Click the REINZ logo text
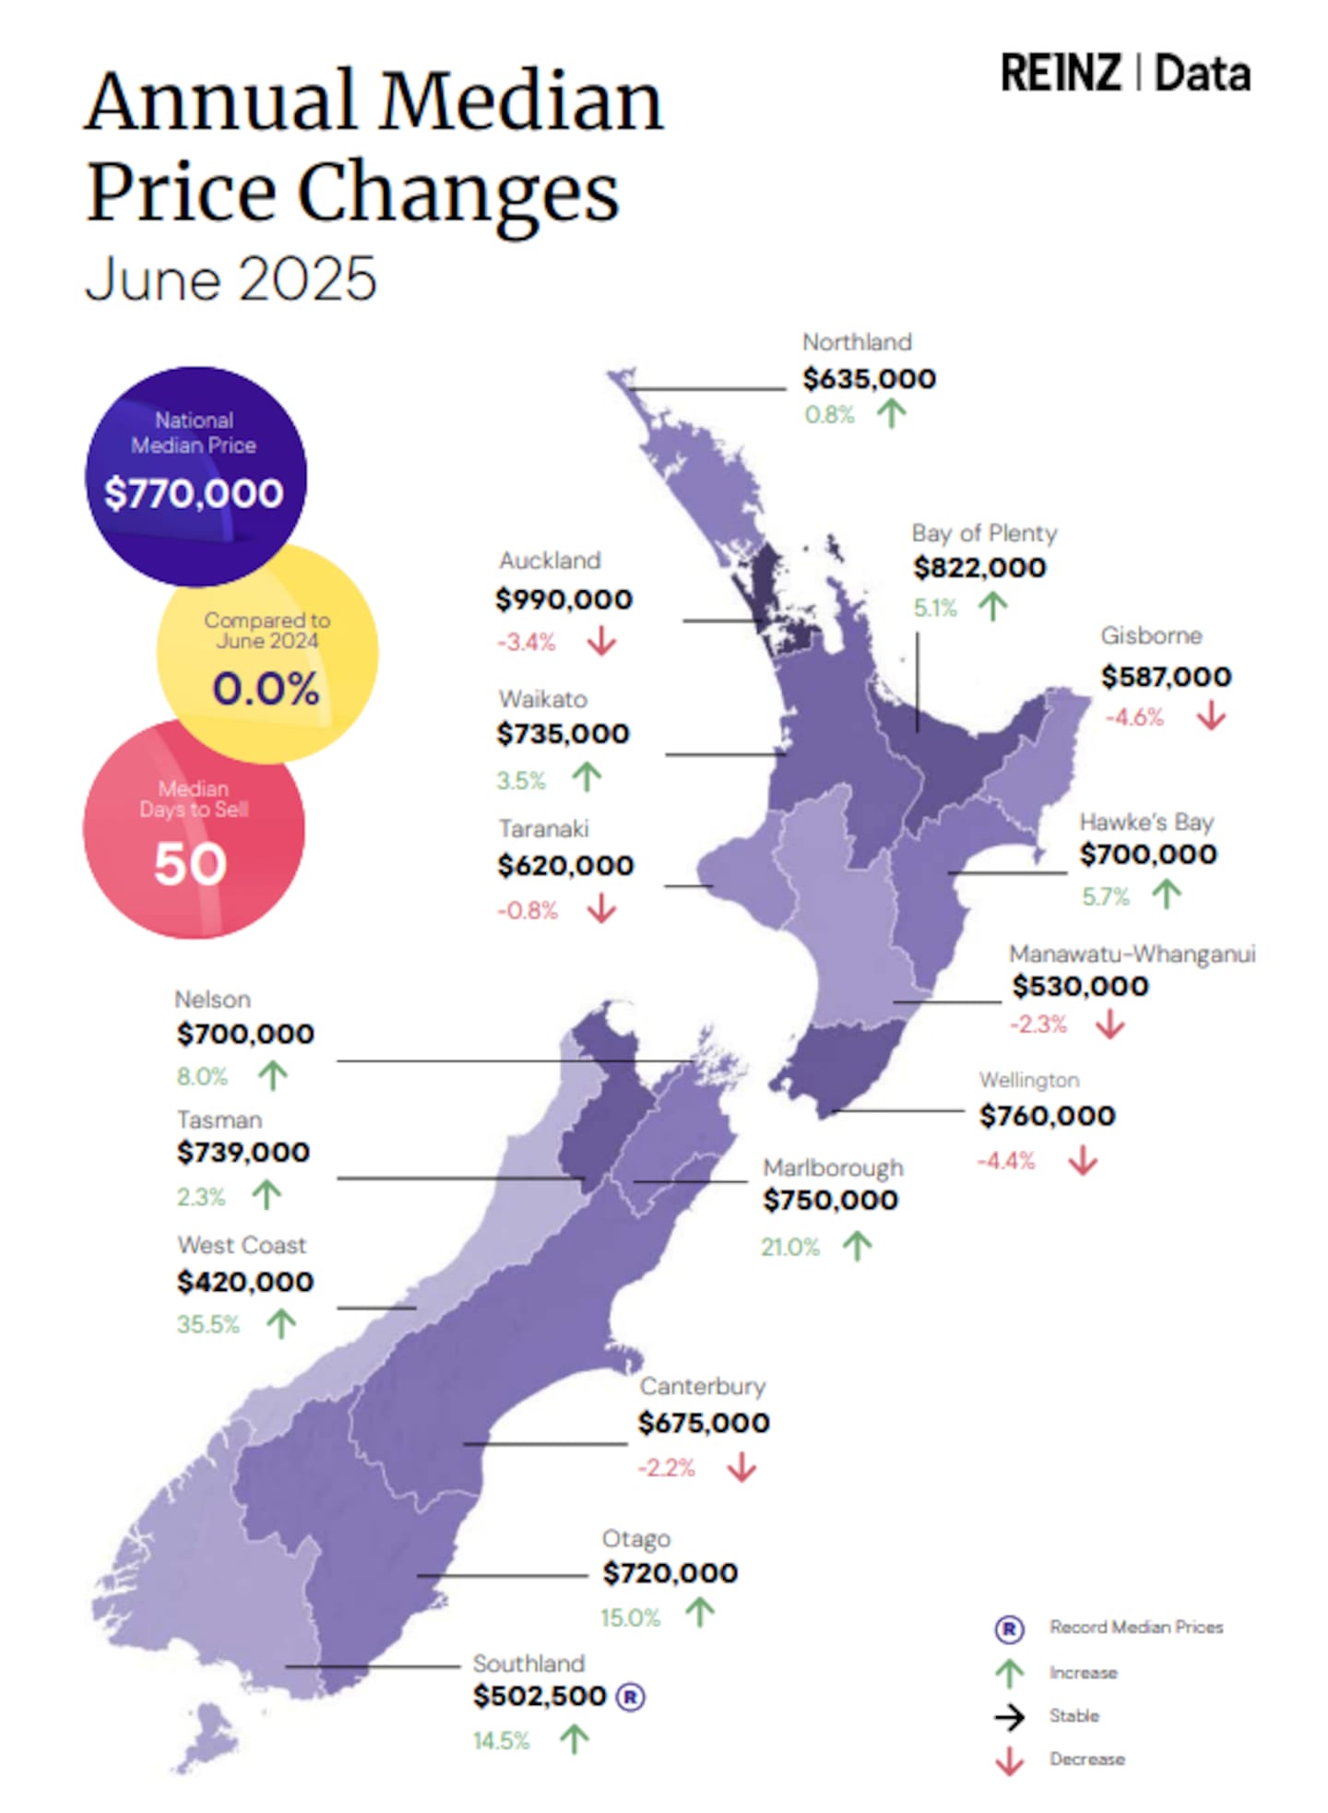click(x=1061, y=74)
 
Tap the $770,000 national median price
click(x=194, y=493)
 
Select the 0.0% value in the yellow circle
click(x=266, y=689)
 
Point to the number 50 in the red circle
click(x=190, y=864)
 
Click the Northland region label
click(x=857, y=342)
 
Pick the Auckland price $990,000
click(x=563, y=599)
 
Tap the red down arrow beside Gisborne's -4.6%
click(x=1211, y=716)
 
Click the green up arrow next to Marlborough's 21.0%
click(x=857, y=1246)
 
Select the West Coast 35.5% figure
click(x=208, y=1324)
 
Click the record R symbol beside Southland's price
click(x=630, y=1696)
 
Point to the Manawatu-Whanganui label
click(x=1132, y=954)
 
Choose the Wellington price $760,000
click(x=1047, y=1116)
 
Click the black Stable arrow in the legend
click(x=1009, y=1716)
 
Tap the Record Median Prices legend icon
click(x=1009, y=1629)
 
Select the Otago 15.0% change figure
click(x=631, y=1617)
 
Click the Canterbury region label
click(x=703, y=1386)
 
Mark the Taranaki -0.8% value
click(x=528, y=911)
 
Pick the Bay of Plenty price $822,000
click(x=979, y=568)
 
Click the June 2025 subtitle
click(x=231, y=278)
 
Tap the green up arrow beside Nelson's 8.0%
click(x=273, y=1075)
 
